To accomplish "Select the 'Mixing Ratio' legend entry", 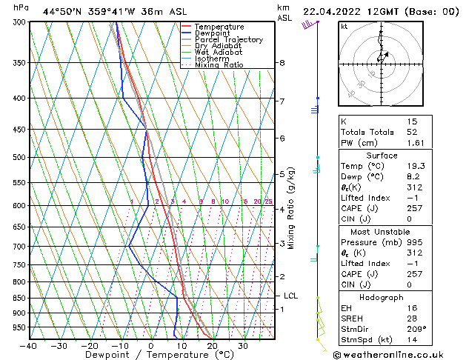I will click(219, 65).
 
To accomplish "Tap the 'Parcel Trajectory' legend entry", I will click(228, 39).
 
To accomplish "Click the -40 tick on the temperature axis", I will click(30, 345).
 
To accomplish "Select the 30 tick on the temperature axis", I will click(243, 345).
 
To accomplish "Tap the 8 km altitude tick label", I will click(282, 63).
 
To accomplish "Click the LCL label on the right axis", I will click(291, 296).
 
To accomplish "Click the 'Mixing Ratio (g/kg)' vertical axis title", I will click(291, 208).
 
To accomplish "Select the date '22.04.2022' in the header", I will click(329, 11).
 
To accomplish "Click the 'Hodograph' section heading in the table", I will click(381, 297).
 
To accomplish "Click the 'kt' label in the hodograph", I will click(344, 26).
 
